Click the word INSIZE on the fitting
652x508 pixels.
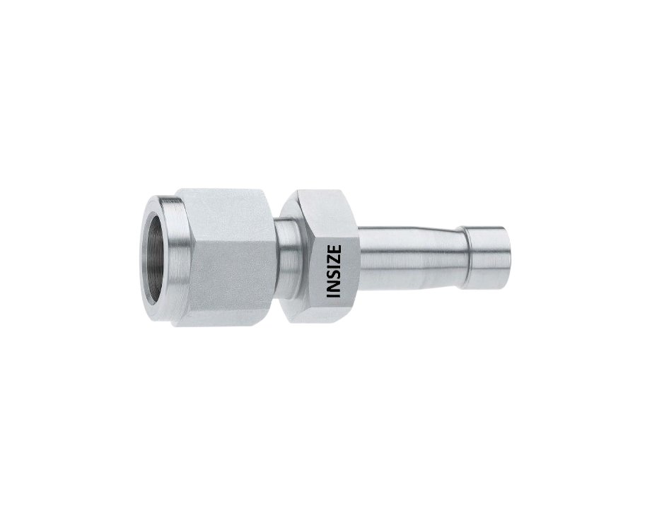[334, 271]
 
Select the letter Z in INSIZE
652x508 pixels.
[334, 259]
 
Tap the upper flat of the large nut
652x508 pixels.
[223, 202]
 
